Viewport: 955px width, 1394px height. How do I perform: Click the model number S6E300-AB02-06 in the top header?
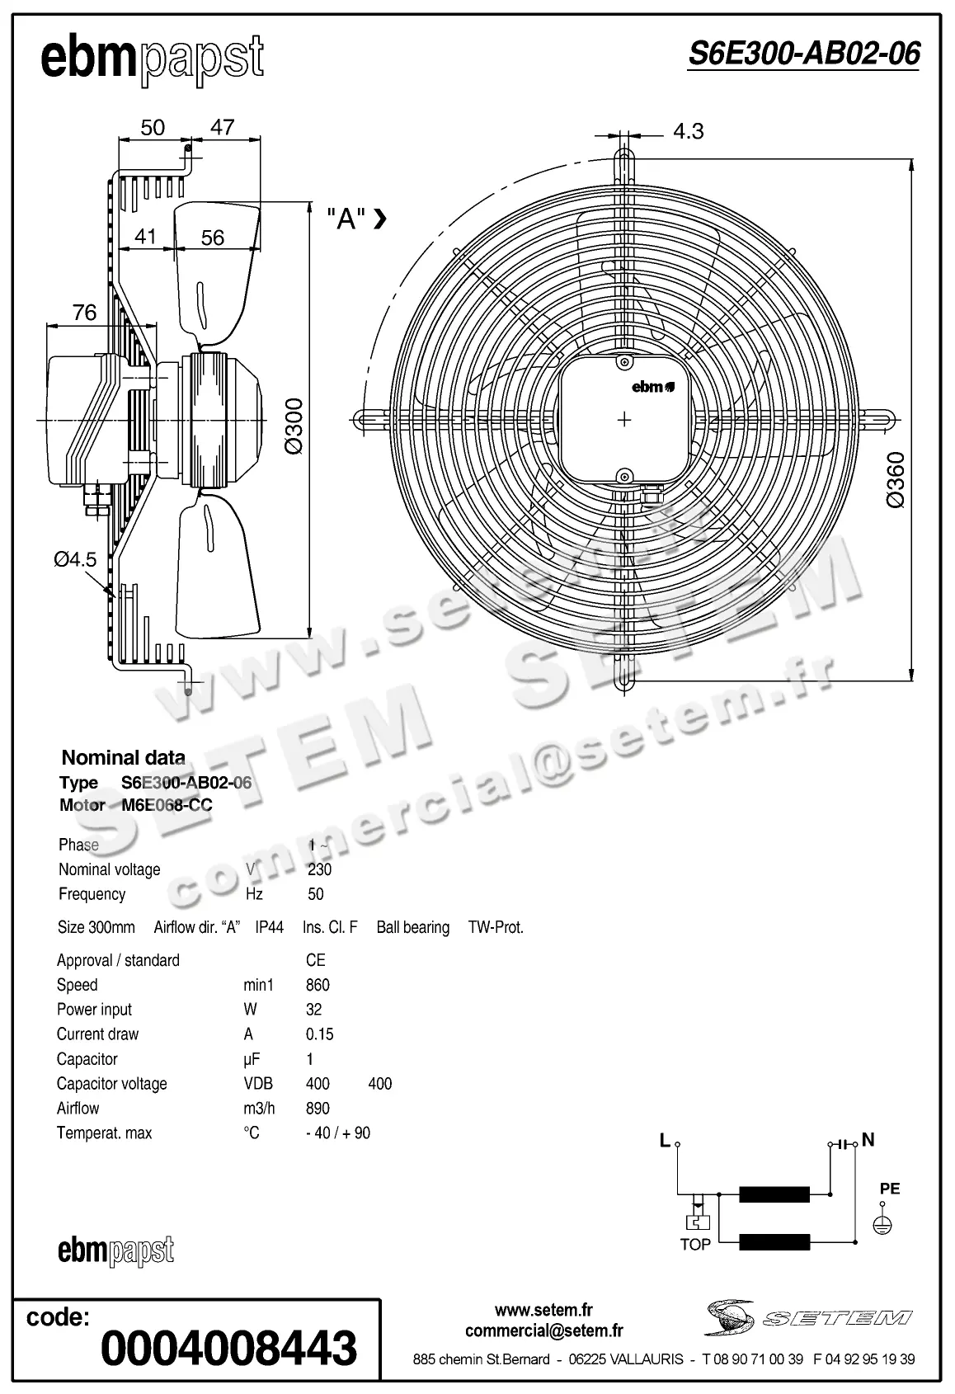coord(803,54)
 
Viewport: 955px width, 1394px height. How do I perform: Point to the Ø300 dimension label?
coord(294,426)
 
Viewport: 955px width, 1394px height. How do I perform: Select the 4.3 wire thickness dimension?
coord(688,131)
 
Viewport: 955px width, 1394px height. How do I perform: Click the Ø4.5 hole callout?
coord(75,559)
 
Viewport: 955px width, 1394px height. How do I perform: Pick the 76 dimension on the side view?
coord(84,313)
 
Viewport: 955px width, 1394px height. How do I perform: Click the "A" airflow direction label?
coord(347,219)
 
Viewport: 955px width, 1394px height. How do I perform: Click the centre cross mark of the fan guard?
coord(624,420)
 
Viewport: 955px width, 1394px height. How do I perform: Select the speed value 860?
coord(318,985)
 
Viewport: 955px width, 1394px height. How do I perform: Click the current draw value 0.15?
coord(319,1034)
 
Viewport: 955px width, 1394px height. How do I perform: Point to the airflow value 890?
coord(318,1109)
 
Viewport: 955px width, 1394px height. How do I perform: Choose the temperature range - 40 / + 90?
coord(338,1133)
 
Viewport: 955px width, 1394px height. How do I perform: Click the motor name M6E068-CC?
coord(167,806)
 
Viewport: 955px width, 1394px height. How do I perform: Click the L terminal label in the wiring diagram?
coord(665,1141)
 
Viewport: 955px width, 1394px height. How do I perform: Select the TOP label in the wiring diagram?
coord(695,1245)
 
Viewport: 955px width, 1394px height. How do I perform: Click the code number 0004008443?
coord(228,1349)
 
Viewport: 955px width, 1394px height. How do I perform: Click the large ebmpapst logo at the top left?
coord(153,60)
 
